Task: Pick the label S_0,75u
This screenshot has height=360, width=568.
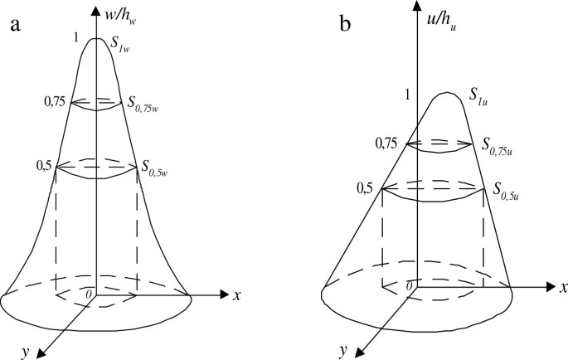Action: [501, 145]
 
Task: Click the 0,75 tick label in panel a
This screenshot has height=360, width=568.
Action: [55, 102]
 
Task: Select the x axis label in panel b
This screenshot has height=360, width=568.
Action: [562, 287]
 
